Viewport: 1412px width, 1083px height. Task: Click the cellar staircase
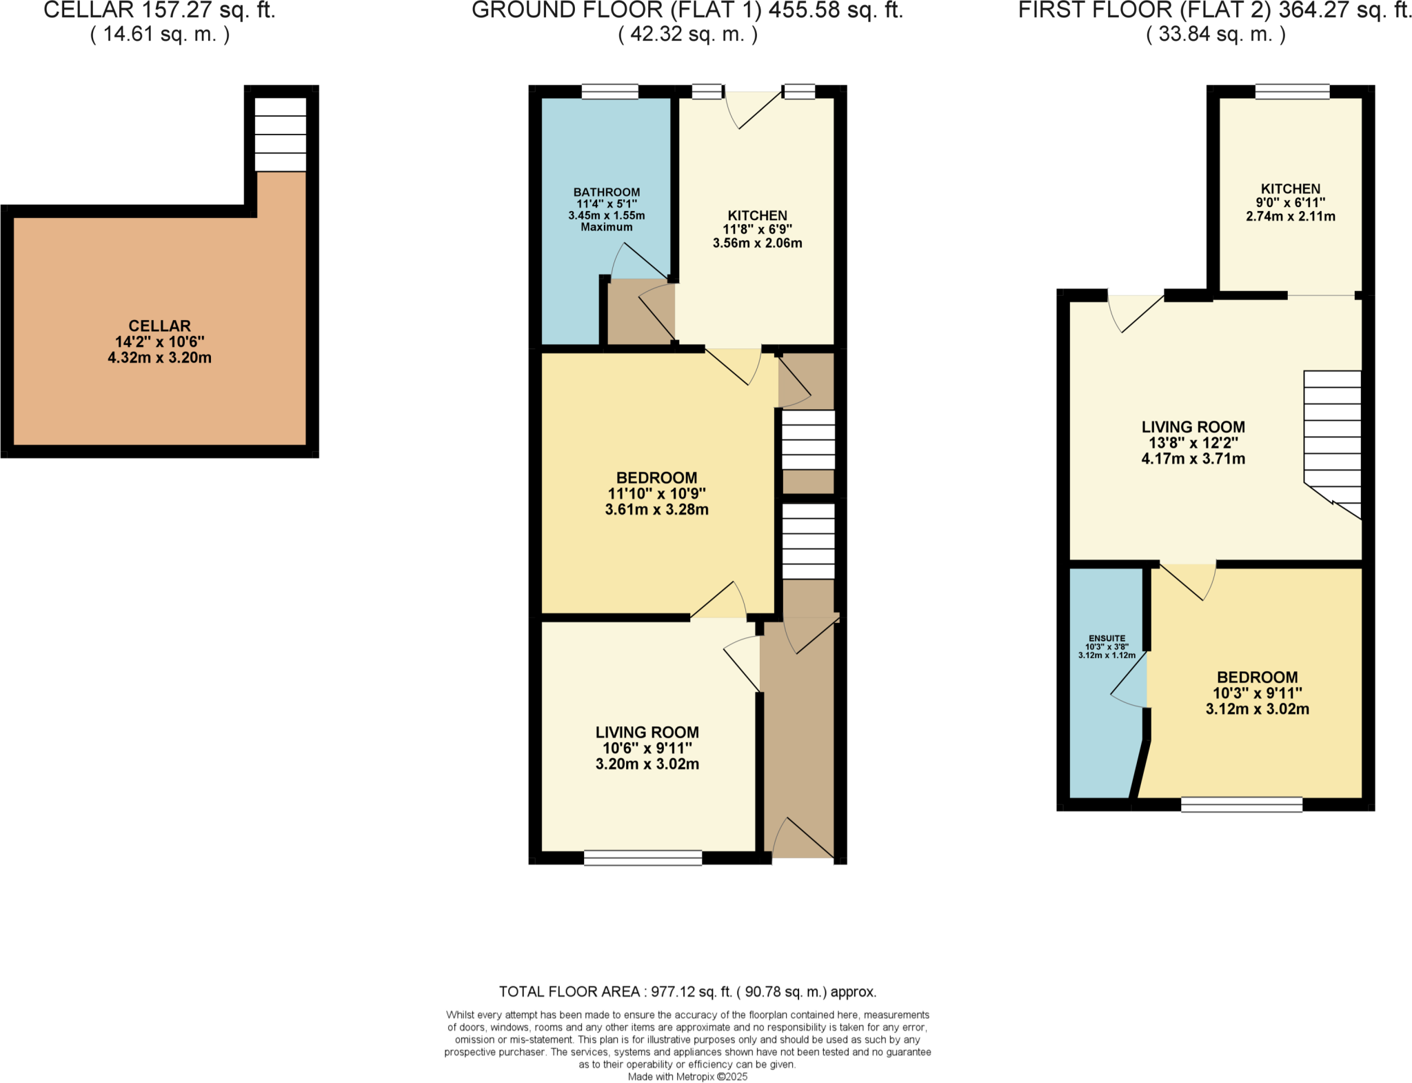click(x=280, y=135)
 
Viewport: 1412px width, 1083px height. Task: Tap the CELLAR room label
click(x=159, y=326)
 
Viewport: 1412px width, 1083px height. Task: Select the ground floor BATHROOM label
click(x=606, y=192)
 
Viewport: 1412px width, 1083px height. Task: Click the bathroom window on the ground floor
click(x=609, y=92)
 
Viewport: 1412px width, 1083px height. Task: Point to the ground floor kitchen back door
click(x=753, y=110)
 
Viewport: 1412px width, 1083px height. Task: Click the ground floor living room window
click(x=643, y=857)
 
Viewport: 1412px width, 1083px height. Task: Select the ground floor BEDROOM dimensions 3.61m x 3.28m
click(x=656, y=510)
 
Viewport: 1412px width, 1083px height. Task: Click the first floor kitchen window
click(x=1292, y=92)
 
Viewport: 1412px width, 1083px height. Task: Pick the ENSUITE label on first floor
click(x=1107, y=639)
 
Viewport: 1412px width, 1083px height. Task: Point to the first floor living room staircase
click(x=1332, y=441)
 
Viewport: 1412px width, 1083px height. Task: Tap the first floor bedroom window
click(x=1242, y=804)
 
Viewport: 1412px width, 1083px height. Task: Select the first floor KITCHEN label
click(x=1290, y=189)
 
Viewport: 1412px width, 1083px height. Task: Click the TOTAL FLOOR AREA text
click(x=687, y=992)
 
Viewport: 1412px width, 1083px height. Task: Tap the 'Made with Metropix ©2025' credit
click(x=687, y=1077)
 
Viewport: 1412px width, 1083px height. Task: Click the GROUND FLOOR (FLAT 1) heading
click(x=687, y=10)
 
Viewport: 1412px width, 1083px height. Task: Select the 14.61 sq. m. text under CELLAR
click(x=159, y=34)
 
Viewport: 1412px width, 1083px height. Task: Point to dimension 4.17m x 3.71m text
click(x=1193, y=459)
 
